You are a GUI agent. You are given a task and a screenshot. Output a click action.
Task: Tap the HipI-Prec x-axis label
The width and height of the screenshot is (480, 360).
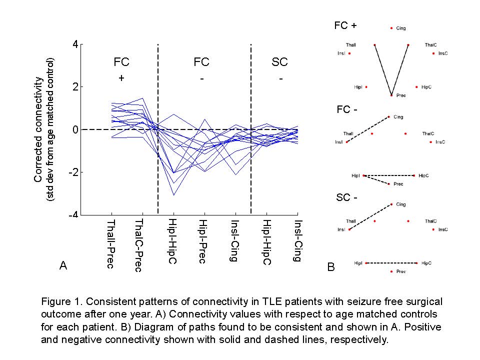(202, 241)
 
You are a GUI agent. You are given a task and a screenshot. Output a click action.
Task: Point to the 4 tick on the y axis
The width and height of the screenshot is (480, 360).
(75, 44)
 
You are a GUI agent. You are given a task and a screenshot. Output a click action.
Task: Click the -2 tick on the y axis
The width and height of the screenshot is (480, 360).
(73, 172)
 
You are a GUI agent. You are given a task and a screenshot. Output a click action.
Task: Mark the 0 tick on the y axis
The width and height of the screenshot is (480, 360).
(75, 129)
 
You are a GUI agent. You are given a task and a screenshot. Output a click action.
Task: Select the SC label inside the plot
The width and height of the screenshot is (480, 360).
(279, 62)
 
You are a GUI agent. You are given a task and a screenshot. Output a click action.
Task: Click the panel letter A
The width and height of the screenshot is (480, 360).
(63, 266)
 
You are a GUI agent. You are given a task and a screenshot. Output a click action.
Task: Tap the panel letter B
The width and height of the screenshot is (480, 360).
(331, 267)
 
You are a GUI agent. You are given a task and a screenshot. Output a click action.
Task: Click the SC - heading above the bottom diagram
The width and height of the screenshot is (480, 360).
(346, 197)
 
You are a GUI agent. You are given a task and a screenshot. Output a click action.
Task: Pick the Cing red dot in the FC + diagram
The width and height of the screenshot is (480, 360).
(391, 28)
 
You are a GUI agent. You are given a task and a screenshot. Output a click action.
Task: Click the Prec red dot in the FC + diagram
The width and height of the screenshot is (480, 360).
(391, 94)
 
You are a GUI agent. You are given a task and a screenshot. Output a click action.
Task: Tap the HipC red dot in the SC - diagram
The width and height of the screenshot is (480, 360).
(416, 262)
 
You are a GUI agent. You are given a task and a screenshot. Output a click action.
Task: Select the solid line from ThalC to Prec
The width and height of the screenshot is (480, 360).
(400, 69)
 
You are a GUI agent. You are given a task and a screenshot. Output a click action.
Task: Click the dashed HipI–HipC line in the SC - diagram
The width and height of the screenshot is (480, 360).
(391, 262)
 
